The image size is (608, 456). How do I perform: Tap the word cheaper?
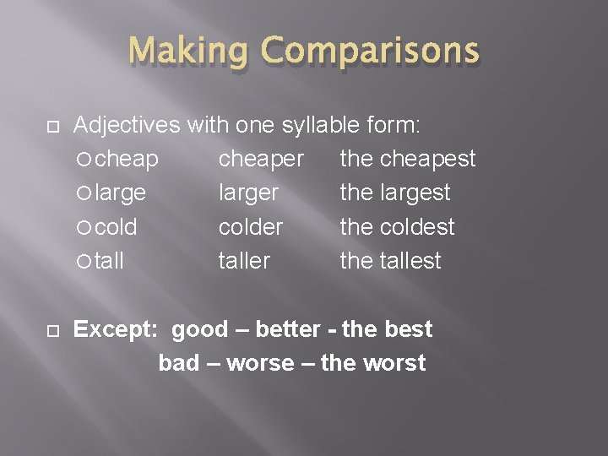262,159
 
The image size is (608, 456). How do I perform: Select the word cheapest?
428,159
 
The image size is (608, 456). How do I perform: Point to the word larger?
248,193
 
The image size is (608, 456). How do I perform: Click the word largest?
415,193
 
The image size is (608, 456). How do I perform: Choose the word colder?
251,227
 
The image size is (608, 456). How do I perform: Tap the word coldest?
417,227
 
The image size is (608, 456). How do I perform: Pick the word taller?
244,261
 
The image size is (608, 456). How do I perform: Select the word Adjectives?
128,125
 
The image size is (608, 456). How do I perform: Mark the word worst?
395,364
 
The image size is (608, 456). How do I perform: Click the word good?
200,329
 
